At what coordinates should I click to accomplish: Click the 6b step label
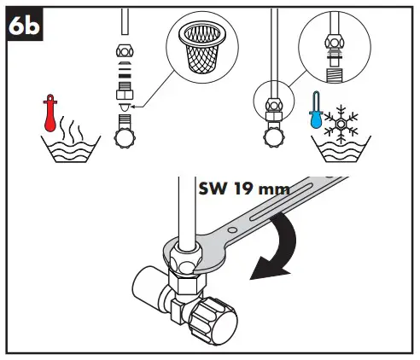pyautogui.click(x=26, y=28)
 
